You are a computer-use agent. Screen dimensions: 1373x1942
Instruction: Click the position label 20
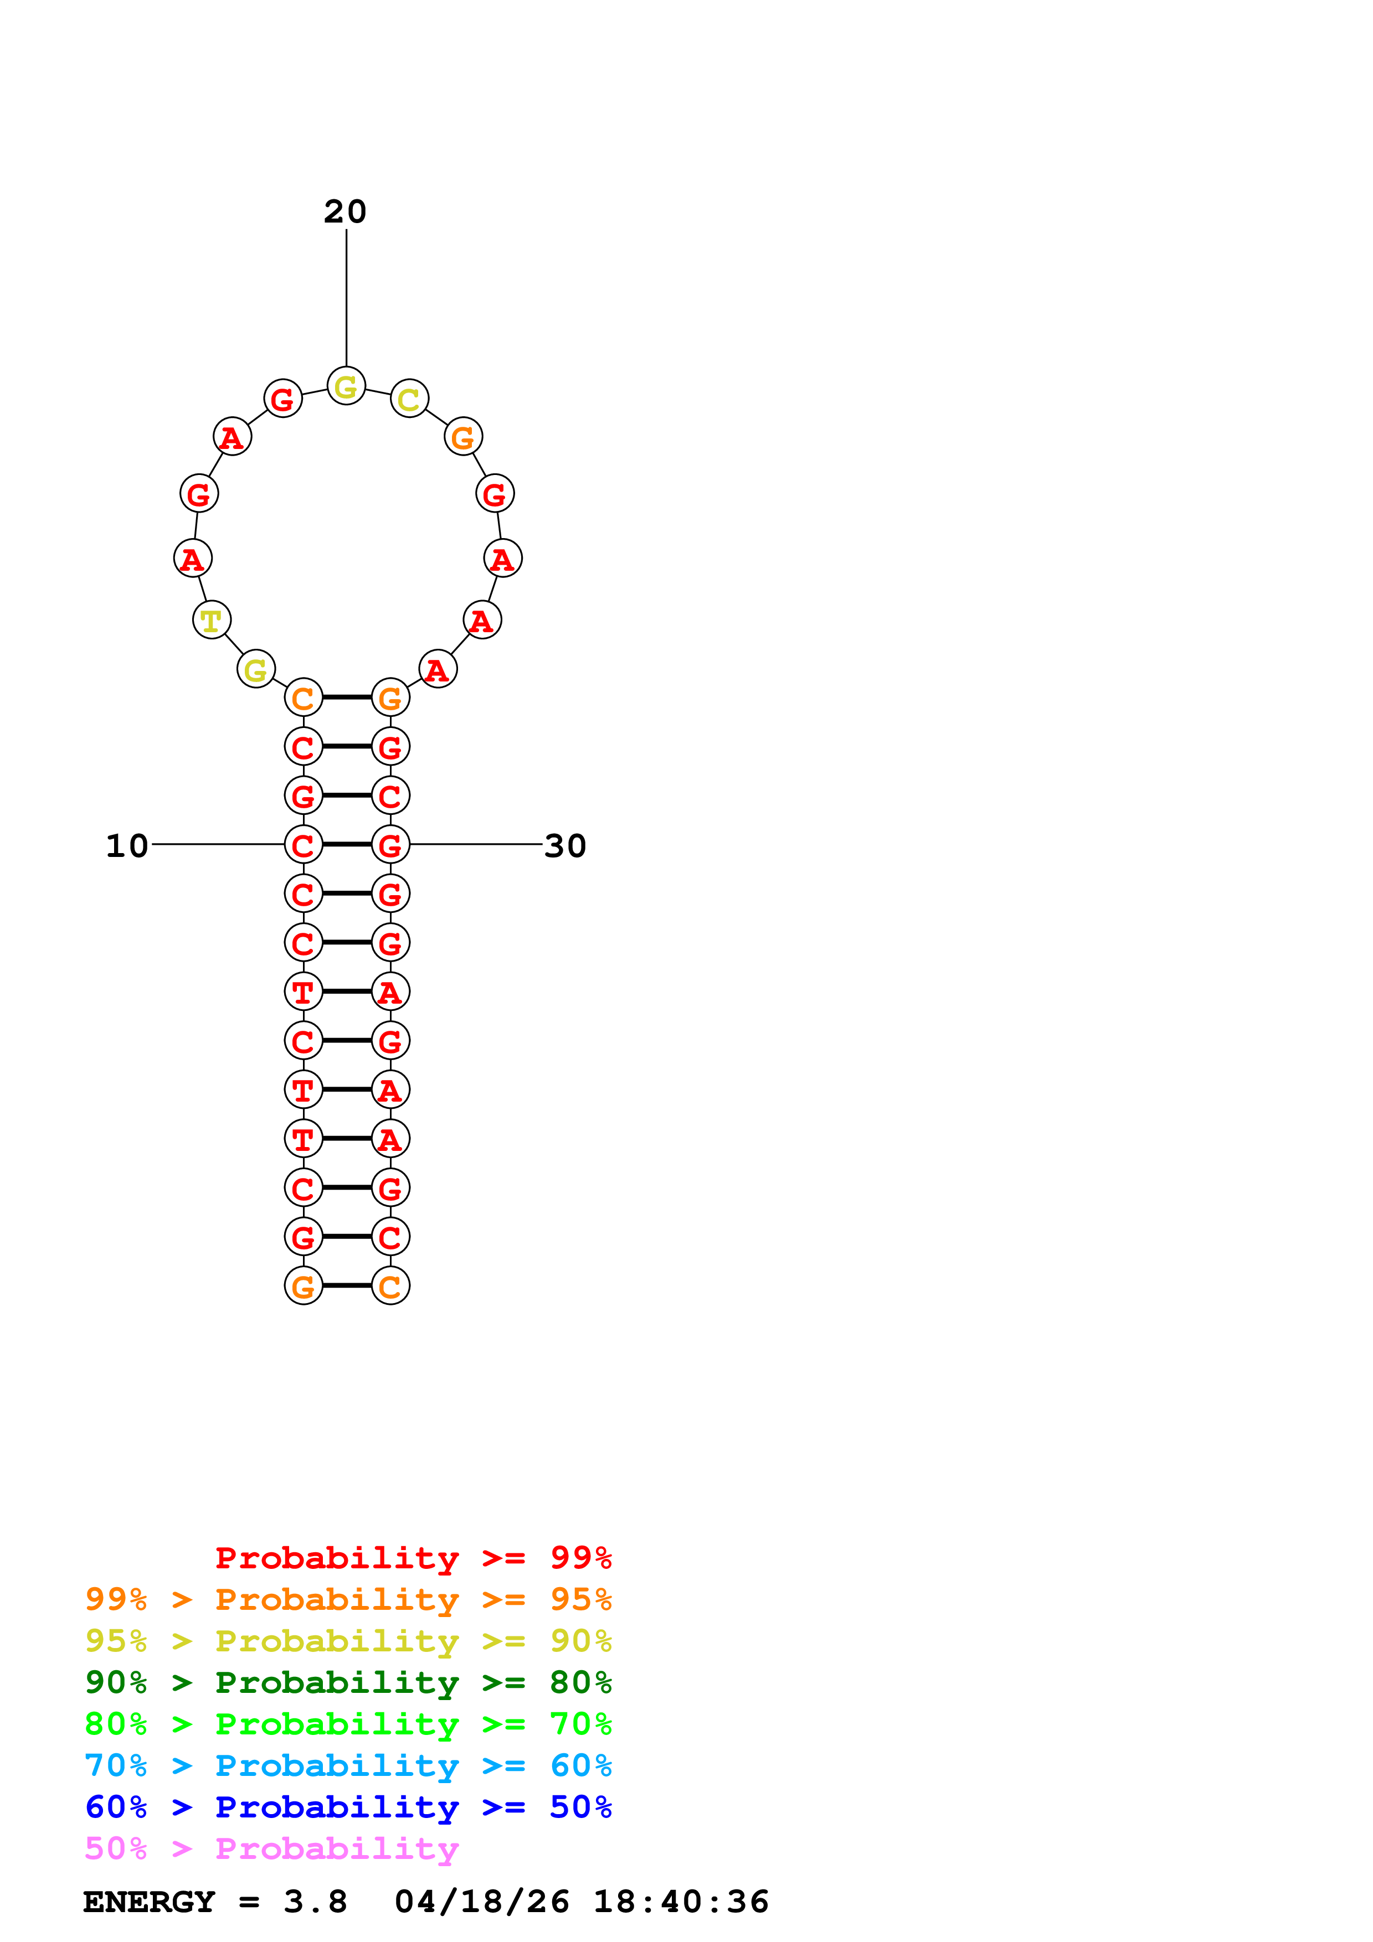click(345, 211)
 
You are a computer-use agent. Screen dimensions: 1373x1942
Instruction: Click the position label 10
click(127, 846)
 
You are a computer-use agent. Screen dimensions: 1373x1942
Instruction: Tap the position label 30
click(565, 846)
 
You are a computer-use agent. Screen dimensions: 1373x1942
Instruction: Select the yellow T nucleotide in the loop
click(212, 620)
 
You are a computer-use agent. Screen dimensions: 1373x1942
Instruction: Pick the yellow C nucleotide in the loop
click(409, 399)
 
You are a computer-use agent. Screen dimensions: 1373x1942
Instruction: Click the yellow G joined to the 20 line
click(346, 386)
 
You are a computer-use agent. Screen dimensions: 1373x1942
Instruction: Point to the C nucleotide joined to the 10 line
click(304, 844)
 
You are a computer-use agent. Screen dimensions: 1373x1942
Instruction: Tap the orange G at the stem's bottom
click(304, 1285)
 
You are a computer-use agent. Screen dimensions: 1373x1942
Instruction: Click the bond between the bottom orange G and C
click(347, 1285)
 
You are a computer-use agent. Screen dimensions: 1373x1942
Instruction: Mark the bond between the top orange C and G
click(347, 697)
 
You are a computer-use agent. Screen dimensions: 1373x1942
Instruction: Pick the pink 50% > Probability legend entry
click(271, 1849)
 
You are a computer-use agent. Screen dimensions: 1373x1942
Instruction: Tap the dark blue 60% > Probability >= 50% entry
click(348, 1807)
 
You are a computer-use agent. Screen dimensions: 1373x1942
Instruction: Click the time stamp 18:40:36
click(681, 1902)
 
